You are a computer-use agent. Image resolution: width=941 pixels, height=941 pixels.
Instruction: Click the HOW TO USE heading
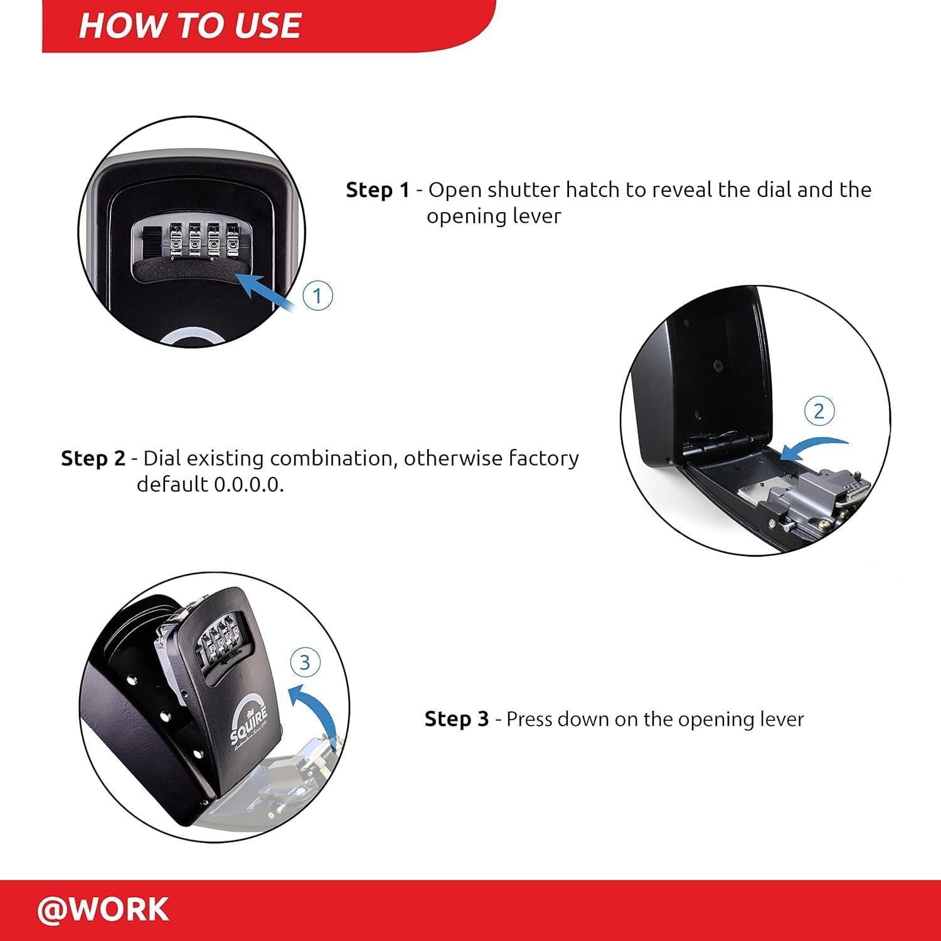click(x=189, y=26)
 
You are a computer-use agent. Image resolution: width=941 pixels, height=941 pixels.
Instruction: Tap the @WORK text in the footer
click(x=104, y=909)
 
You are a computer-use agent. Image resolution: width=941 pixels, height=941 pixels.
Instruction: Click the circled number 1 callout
click(x=317, y=295)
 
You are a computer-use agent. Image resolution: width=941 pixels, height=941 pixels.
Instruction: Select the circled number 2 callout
click(x=819, y=412)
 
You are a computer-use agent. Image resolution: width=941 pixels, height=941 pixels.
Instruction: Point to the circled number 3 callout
click(x=305, y=662)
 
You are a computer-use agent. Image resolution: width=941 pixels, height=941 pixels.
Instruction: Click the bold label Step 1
click(x=378, y=189)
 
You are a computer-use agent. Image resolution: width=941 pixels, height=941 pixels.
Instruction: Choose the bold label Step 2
click(x=93, y=459)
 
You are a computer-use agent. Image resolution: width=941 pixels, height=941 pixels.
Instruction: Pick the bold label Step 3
click(x=456, y=719)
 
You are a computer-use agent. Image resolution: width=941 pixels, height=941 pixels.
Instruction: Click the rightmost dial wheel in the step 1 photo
click(x=235, y=242)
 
